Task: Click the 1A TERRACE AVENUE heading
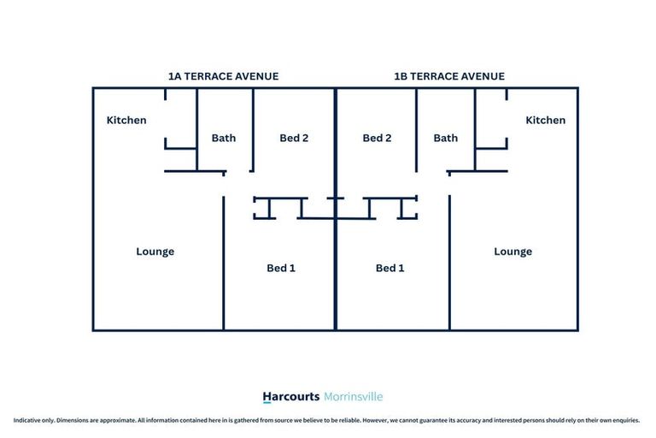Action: [224, 76]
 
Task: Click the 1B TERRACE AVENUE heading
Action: [449, 76]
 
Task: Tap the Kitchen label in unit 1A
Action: [126, 121]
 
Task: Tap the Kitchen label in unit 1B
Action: [546, 121]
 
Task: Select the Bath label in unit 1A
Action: [224, 138]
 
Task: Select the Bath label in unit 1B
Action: [446, 138]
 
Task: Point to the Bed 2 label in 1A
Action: [294, 138]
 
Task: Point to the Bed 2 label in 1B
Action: [377, 138]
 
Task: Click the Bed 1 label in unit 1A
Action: [281, 268]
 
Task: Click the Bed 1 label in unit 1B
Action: [389, 268]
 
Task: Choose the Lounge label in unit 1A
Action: [155, 252]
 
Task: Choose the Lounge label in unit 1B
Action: [512, 252]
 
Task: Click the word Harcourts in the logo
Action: [291, 396]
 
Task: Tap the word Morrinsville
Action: [354, 396]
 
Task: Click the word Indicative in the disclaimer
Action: [26, 420]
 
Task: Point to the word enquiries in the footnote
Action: [625, 420]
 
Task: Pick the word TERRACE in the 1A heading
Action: [207, 76]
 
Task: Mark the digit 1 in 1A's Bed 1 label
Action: [292, 268]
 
